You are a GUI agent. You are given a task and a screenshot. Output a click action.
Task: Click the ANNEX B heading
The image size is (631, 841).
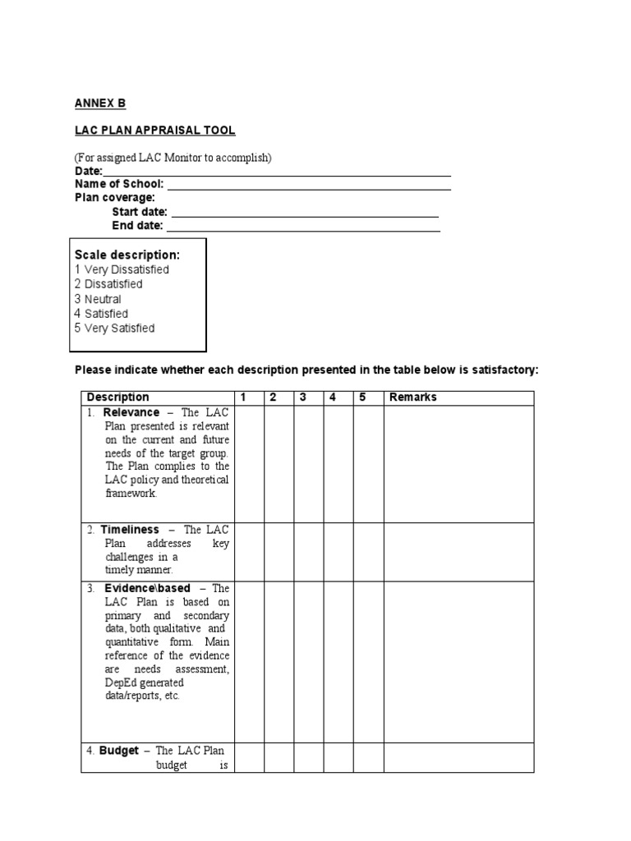coord(100,103)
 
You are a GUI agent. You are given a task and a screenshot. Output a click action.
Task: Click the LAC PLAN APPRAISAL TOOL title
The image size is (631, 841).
coord(155,130)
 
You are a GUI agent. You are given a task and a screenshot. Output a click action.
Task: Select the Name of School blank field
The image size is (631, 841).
coord(309,185)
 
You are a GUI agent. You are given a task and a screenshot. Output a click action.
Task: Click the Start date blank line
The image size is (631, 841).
coord(303,212)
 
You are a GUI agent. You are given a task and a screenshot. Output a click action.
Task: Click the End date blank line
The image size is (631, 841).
coord(302,226)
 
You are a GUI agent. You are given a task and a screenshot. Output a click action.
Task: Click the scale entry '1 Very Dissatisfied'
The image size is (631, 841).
coord(122,269)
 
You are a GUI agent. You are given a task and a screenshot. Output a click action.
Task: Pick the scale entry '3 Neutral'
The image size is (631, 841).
coord(98,299)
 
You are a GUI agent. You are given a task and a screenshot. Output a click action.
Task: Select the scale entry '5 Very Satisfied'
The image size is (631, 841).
coord(114,329)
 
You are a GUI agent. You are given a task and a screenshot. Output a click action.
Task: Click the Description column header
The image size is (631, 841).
coord(118,398)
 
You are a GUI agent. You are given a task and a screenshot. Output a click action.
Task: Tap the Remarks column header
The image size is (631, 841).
coord(412,398)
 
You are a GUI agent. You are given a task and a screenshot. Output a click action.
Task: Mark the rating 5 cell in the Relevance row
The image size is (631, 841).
coord(368,463)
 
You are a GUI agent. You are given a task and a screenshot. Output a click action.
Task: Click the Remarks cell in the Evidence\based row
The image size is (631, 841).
coord(458,662)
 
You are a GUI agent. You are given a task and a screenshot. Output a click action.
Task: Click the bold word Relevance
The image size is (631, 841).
coord(131,412)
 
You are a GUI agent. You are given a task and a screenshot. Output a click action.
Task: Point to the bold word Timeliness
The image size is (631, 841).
coord(130,531)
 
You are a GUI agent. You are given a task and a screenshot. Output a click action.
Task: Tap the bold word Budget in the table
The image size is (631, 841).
coord(119,751)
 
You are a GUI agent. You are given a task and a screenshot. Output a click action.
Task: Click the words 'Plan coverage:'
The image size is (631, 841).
coord(115,198)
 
